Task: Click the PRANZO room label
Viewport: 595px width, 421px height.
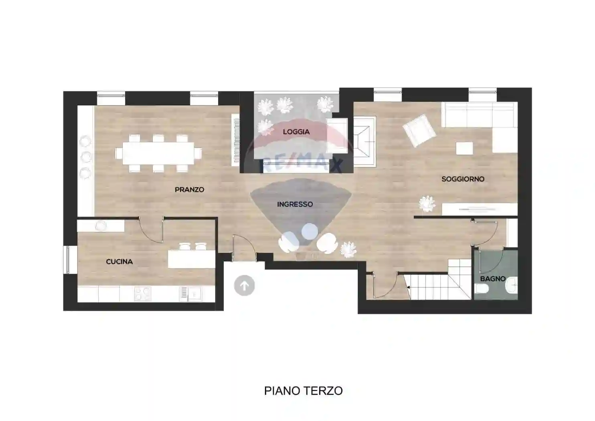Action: (189, 190)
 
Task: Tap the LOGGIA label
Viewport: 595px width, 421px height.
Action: (296, 132)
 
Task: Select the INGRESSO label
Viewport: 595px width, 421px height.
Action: (295, 204)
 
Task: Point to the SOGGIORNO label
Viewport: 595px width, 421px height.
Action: (463, 179)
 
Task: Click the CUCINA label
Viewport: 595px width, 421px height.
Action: (119, 262)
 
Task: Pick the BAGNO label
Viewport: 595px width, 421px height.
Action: (492, 279)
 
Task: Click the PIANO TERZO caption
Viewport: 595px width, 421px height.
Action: (303, 391)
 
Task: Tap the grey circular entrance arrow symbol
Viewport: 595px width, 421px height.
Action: (244, 286)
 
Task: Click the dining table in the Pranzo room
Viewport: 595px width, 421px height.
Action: (158, 153)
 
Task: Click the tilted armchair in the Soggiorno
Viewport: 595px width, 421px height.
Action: (419, 131)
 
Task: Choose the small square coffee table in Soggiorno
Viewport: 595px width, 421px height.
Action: (464, 148)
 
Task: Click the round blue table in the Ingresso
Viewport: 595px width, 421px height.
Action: (309, 231)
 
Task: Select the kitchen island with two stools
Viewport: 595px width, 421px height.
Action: (191, 259)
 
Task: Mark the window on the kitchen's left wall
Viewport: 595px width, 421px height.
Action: (71, 260)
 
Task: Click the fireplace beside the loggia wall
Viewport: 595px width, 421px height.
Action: (364, 141)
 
